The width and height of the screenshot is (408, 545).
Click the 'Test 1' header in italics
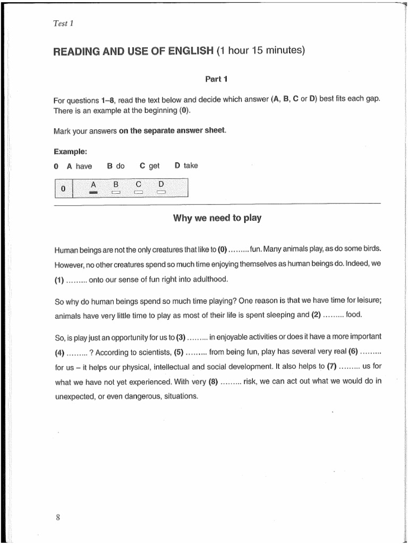point(64,23)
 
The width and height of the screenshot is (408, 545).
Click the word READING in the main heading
point(79,51)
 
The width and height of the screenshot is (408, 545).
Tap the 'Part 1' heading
point(216,79)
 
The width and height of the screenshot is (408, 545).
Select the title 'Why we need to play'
point(217,218)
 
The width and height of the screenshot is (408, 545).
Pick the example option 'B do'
point(116,166)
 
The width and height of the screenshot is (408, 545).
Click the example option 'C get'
point(149,166)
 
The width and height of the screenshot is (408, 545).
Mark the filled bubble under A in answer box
point(93,192)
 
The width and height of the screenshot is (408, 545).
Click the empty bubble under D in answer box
point(161,192)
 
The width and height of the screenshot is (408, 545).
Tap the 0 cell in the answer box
point(63,189)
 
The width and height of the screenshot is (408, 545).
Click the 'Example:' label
point(70,152)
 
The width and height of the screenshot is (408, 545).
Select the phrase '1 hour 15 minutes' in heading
point(262,51)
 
